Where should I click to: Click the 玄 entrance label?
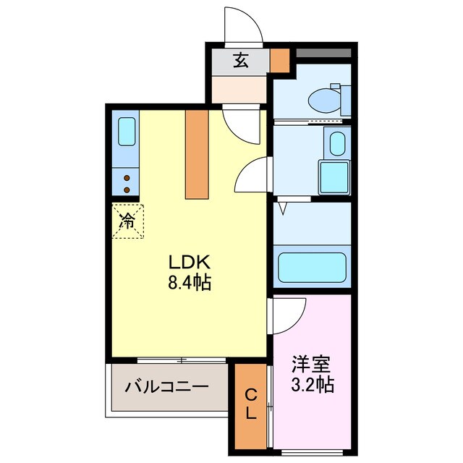point(240,61)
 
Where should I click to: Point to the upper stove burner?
point(127,177)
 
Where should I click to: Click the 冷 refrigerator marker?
point(127,220)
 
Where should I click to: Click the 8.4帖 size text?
point(190,283)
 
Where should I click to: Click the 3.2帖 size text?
point(313,385)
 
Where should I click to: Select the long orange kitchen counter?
point(196,153)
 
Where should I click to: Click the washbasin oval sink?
point(336,144)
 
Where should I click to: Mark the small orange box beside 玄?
point(279,60)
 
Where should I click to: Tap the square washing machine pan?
point(334,177)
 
